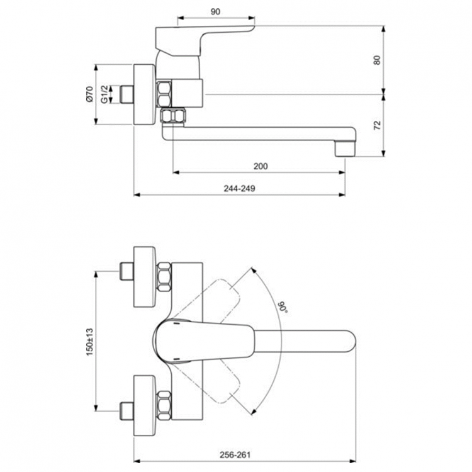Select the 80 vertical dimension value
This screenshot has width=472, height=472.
click(x=377, y=60)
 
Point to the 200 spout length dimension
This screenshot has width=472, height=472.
click(x=261, y=166)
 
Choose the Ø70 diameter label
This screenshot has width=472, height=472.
click(x=89, y=95)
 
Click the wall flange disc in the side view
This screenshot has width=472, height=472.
click(x=145, y=95)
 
